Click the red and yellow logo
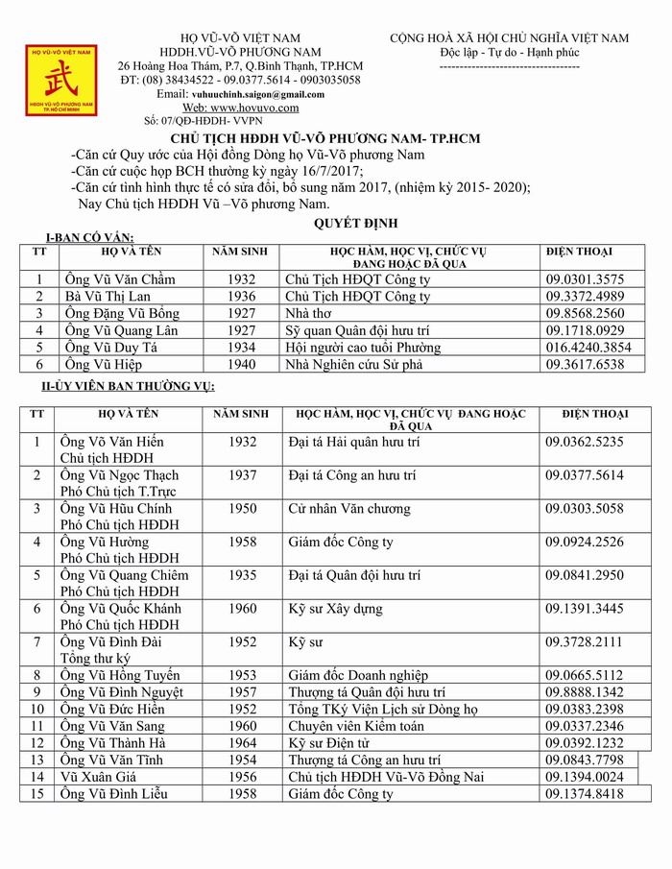61,80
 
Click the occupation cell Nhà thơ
307,313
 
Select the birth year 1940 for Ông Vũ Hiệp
241,364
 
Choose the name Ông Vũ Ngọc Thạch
118,475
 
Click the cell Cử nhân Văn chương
349,508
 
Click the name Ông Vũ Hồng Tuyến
119,675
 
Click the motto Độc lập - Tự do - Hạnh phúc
509,52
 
